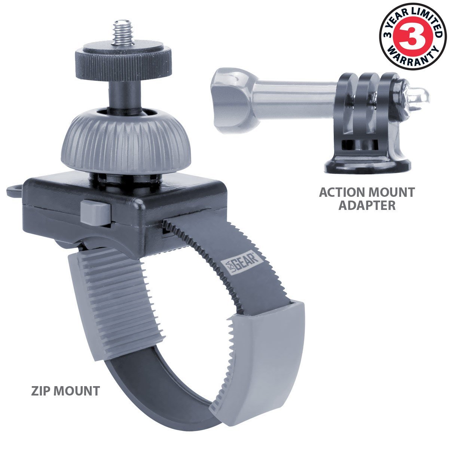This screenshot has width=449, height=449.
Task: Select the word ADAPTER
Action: (367, 205)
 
